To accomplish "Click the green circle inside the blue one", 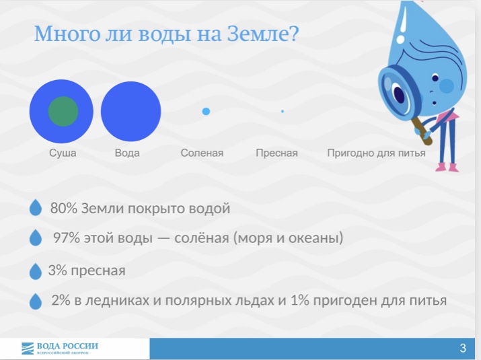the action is [63, 112].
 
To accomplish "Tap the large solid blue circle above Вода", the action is [131, 112].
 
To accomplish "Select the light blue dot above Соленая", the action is [206, 112].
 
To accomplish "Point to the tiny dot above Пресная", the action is [283, 112].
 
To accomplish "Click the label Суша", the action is [63, 153].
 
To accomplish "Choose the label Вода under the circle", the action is [127, 153].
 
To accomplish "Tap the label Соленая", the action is [202, 153].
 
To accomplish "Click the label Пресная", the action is [276, 153].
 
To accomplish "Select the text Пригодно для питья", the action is [376, 153].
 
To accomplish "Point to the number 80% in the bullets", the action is [64, 208].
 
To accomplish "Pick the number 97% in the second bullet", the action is [67, 238].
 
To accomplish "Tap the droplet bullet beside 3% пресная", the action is [35, 271].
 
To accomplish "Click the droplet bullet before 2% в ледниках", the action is [35, 301].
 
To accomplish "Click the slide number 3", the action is [463, 348].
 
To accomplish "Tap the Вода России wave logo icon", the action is [28, 349].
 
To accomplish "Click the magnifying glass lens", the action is [398, 91].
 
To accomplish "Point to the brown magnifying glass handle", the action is [422, 131].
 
